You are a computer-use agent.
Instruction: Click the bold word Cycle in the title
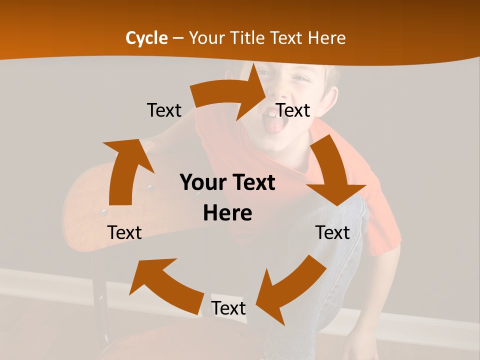146,38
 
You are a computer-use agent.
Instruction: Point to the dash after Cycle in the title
178,38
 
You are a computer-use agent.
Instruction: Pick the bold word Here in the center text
227,213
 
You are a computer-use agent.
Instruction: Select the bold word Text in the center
253,183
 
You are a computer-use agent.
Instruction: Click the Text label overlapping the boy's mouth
293,110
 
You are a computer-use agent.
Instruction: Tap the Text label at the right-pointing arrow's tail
164,110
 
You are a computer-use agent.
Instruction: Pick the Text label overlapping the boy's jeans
332,232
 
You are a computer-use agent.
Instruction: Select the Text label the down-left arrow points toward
228,308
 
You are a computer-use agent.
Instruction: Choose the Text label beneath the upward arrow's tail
124,232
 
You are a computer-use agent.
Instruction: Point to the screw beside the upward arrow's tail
104,212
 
